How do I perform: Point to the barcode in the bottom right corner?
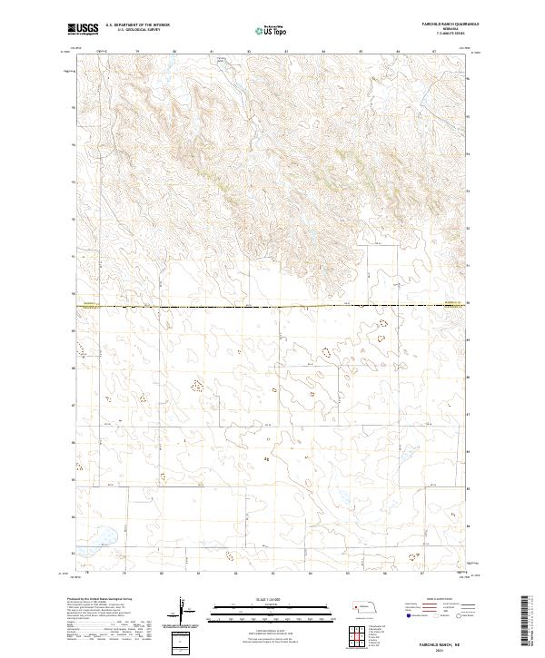(x=529, y=622)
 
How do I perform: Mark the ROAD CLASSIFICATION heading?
(x=427, y=600)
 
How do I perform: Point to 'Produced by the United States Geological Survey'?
(x=96, y=600)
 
